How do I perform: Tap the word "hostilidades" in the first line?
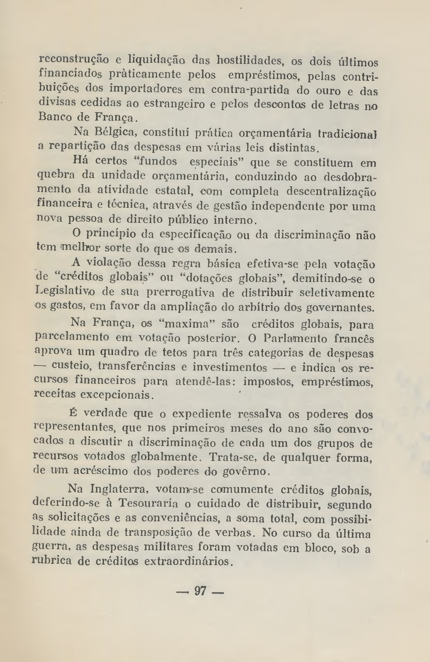coord(250,61)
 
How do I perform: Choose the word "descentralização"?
coord(331,192)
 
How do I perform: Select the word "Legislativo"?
coord(66,292)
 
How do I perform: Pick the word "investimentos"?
coord(230,368)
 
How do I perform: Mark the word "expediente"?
coord(202,414)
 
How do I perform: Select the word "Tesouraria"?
coord(148,503)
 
